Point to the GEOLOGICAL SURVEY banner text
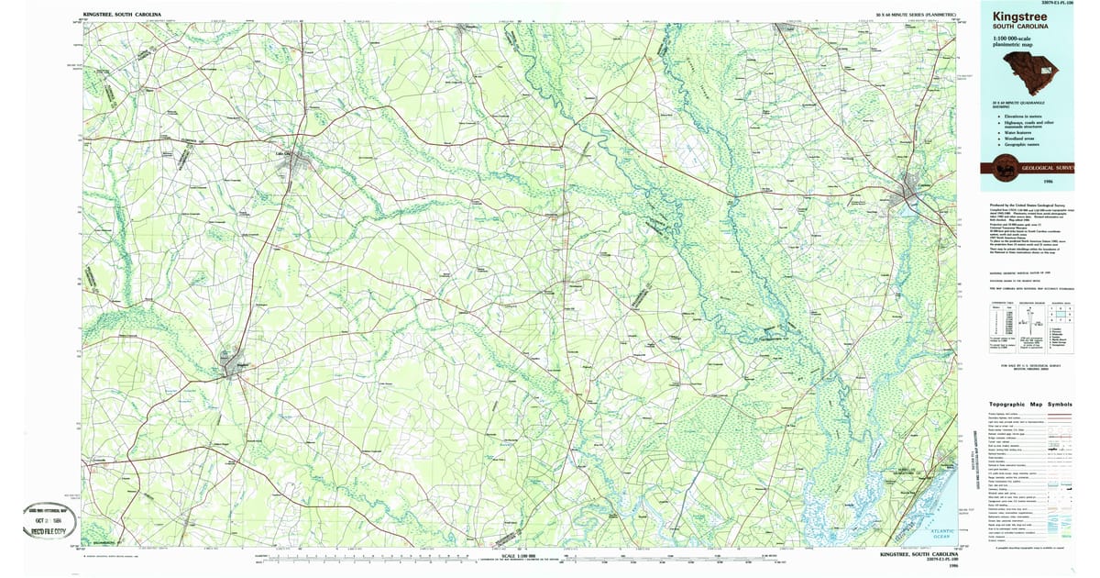click(x=1045, y=169)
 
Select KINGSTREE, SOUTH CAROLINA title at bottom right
click(x=918, y=554)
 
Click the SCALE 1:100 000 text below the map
click(x=522, y=555)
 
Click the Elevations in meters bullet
click(x=1023, y=117)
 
